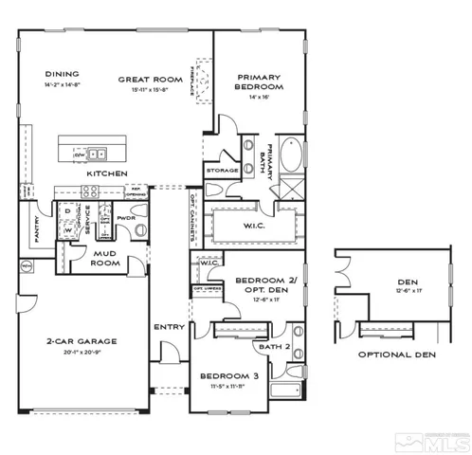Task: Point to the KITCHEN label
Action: point(106,174)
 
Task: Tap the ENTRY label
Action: point(168,327)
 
